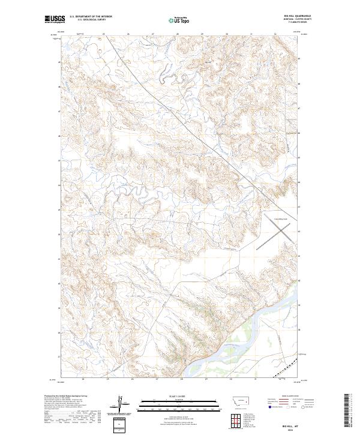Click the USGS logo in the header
(x=53, y=19)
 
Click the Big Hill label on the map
(x=208, y=61)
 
